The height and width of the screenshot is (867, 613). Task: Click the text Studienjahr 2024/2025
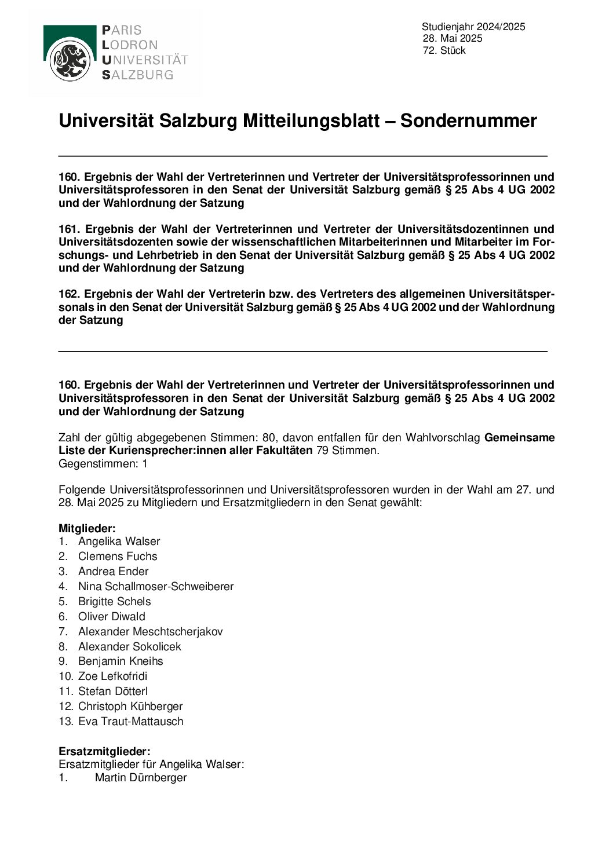coord(473,27)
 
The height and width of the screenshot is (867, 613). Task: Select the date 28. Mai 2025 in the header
coord(453,39)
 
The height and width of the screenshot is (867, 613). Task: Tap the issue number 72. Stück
coord(444,51)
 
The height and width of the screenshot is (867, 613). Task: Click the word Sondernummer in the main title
coord(468,121)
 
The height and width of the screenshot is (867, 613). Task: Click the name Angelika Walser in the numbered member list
coord(119,542)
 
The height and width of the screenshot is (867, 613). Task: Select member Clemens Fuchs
coord(118,557)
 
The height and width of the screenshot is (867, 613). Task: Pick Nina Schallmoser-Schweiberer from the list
coord(156,587)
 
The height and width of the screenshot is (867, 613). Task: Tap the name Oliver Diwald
coord(112,617)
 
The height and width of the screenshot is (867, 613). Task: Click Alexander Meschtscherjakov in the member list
coord(150,632)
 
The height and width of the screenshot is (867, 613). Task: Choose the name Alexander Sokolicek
coord(129,647)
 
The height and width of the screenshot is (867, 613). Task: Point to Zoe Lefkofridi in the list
coord(112,676)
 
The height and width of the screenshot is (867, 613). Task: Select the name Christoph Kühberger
coord(130,707)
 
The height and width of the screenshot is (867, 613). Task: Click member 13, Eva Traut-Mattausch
coord(130,722)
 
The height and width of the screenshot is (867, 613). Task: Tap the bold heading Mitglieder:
coord(87,529)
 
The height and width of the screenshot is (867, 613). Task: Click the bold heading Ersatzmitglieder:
coord(104,752)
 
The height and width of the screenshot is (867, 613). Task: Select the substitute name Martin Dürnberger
coord(141,778)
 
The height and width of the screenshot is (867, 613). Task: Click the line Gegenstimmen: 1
coord(103,464)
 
